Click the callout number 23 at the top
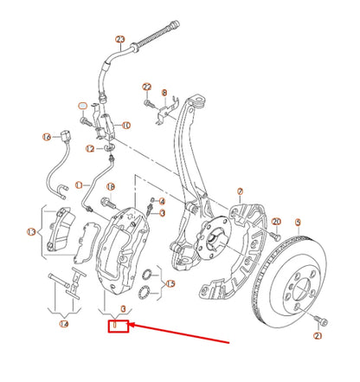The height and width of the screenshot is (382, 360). click(119, 40)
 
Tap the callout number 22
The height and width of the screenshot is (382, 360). click(147, 87)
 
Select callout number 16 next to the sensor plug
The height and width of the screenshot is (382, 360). click(46, 136)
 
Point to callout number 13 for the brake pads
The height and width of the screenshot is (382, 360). click(31, 232)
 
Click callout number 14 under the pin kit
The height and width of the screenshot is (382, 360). click(63, 324)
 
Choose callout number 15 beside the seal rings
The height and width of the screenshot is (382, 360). click(170, 283)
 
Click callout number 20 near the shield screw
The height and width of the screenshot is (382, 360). click(276, 223)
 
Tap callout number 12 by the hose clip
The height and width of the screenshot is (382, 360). click(90, 148)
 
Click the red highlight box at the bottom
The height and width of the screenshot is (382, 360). click(117, 327)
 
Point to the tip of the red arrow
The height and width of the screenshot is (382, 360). click(132, 328)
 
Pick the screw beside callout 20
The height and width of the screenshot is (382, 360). click(275, 236)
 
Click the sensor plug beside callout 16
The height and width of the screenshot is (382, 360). click(70, 137)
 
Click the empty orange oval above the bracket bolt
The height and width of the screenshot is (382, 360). click(82, 105)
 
